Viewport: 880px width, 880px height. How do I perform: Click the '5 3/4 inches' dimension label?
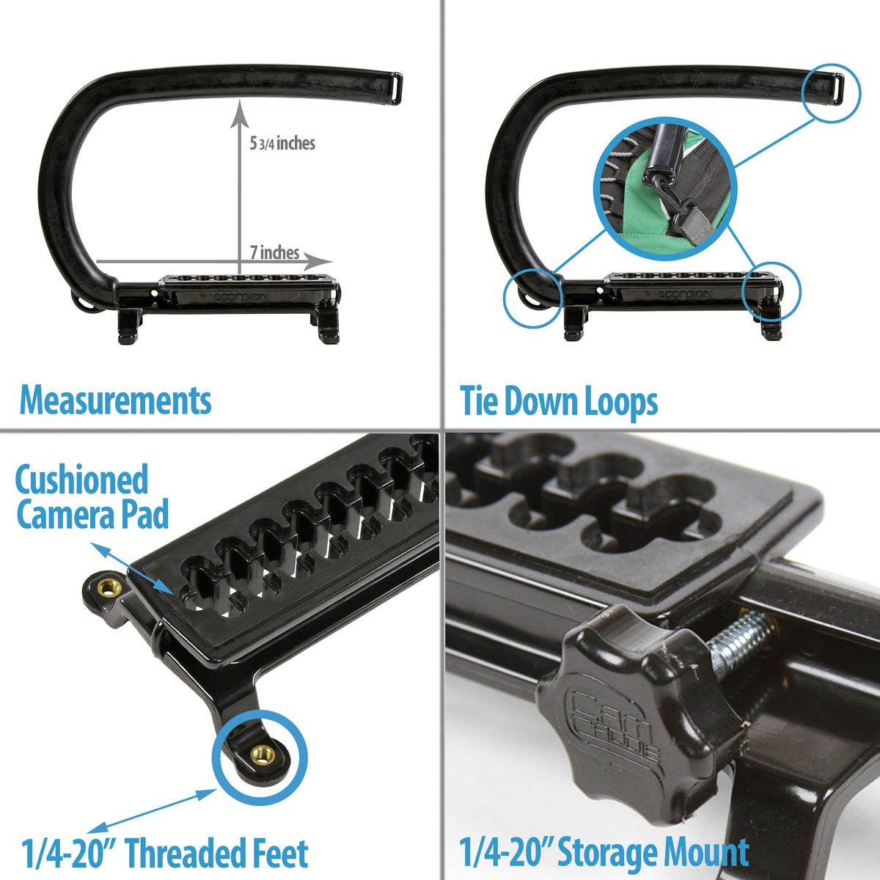[x=282, y=143]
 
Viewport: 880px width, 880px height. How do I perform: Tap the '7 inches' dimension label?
[x=274, y=253]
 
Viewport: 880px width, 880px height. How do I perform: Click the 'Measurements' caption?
[x=116, y=400]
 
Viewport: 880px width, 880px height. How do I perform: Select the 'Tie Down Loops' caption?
[x=559, y=402]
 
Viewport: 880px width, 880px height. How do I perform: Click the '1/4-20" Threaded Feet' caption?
[x=165, y=854]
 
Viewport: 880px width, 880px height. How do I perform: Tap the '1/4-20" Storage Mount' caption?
[x=604, y=853]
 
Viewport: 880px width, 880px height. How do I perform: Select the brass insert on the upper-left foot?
[x=109, y=587]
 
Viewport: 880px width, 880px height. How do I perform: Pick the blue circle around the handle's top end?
[x=832, y=92]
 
